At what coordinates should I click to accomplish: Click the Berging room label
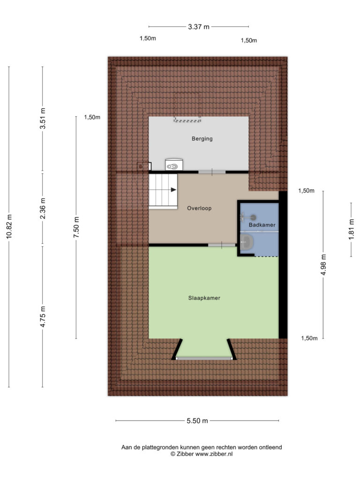coord(202,139)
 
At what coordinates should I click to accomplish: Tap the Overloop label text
coord(199,208)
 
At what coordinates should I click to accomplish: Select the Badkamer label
coord(262,225)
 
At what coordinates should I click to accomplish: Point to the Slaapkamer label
coord(204,298)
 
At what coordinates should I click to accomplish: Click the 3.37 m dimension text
coord(199,27)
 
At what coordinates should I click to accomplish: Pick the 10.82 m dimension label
coord(9,226)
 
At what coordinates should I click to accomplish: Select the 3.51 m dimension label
coord(43,119)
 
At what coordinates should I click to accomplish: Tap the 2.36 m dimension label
coord(43,209)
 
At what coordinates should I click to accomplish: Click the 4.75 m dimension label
coord(43,316)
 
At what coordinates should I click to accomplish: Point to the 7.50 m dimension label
coord(76,227)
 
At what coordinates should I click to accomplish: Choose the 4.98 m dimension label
coord(323,264)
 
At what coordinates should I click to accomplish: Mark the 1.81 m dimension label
coord(351,230)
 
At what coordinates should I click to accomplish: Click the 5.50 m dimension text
coord(197,420)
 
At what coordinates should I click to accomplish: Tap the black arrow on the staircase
coord(173,190)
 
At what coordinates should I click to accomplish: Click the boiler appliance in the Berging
coord(174,165)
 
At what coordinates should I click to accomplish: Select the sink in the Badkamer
coord(247,242)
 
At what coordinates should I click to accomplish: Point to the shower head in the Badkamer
coord(253,217)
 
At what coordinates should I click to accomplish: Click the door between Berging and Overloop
coord(212,172)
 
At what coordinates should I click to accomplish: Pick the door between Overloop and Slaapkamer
coord(222,245)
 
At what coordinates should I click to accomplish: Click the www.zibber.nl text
coord(214,454)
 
